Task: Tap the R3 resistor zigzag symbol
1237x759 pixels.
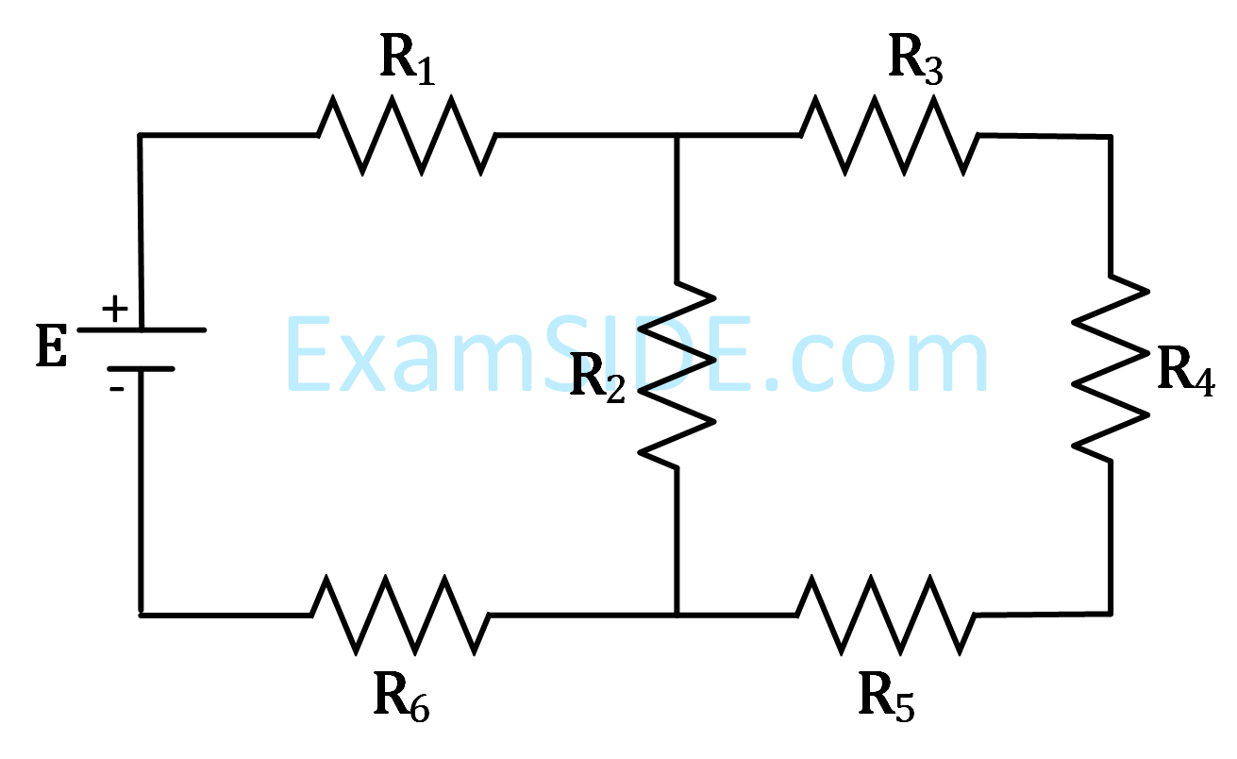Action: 890,135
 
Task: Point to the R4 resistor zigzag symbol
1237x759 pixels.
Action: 1111,368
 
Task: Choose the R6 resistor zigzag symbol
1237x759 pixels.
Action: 400,616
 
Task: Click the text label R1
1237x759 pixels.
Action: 408,61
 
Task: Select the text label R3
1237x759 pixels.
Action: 915,61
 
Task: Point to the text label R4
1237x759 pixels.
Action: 1185,371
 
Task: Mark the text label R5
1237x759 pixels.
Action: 886,700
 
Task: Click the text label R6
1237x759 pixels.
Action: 402,700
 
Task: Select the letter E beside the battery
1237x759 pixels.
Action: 52,347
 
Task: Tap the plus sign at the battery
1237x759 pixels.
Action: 114,309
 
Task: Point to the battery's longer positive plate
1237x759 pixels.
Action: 142,329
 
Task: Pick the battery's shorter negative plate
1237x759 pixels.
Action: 140,369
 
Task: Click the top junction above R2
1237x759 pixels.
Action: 677,136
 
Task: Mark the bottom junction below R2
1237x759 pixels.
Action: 677,616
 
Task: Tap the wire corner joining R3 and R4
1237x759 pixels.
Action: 1110,137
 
